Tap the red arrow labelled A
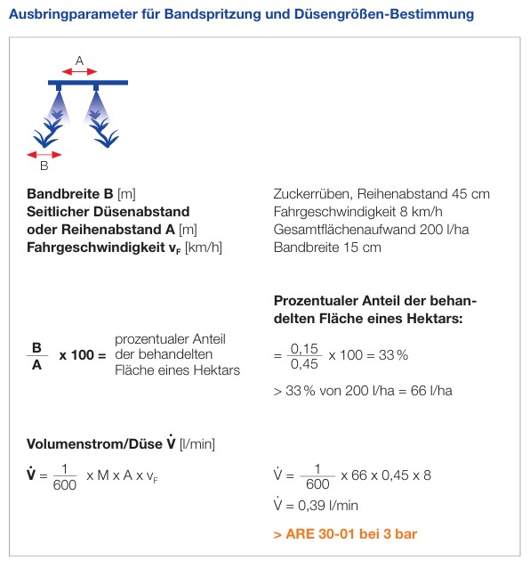point(79,70)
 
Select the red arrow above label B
point(44,153)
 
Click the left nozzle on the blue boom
point(59,88)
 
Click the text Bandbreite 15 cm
point(326,247)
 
